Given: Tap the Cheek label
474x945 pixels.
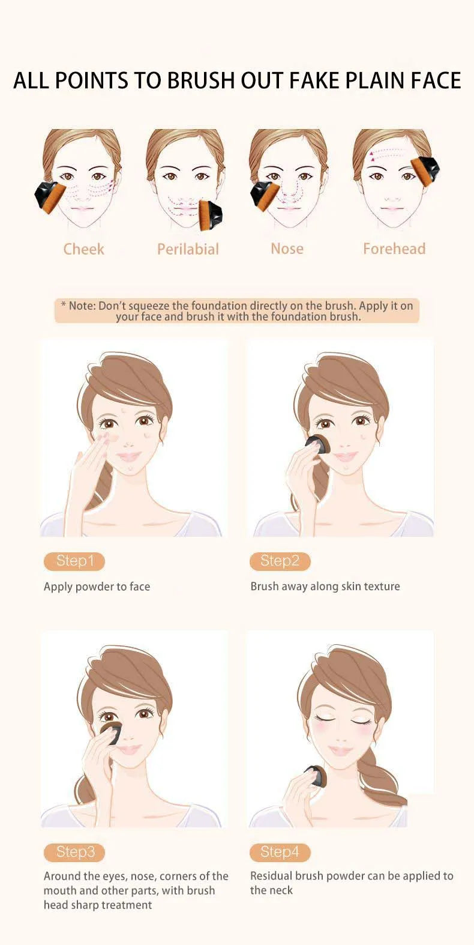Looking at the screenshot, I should click(x=83, y=249).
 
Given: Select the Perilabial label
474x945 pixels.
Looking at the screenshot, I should click(x=188, y=249).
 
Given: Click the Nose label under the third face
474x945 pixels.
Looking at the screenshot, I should click(x=287, y=249).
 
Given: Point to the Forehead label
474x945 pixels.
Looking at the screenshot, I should click(x=394, y=249).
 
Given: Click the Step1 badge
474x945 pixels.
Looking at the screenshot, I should click(x=74, y=561).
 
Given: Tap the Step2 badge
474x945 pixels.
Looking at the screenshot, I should click(x=280, y=561).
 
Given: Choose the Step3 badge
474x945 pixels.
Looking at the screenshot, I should click(x=74, y=852).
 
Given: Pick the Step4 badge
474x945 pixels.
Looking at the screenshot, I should click(x=280, y=852).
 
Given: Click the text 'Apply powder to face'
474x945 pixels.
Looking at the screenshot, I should click(x=97, y=587).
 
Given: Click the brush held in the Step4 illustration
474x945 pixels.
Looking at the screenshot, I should click(x=315, y=776).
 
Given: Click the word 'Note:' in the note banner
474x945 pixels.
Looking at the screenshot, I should click(x=82, y=306).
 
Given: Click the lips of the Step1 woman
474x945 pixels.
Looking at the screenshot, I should click(x=128, y=457).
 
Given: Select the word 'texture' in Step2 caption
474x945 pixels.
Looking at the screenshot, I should click(x=382, y=587).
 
